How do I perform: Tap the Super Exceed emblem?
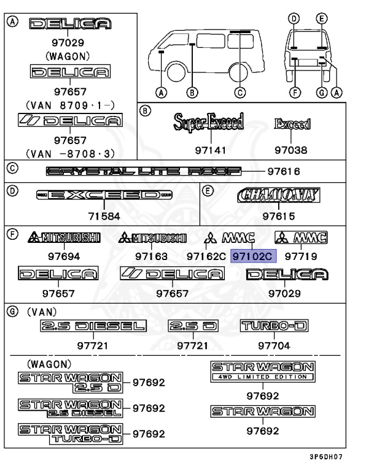209,123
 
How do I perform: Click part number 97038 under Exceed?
291,150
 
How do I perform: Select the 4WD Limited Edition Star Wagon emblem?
263,372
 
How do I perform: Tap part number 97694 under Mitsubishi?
64,255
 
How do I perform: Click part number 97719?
301,255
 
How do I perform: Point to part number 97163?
152,255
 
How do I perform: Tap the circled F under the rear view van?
294,93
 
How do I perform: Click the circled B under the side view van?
192,93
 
